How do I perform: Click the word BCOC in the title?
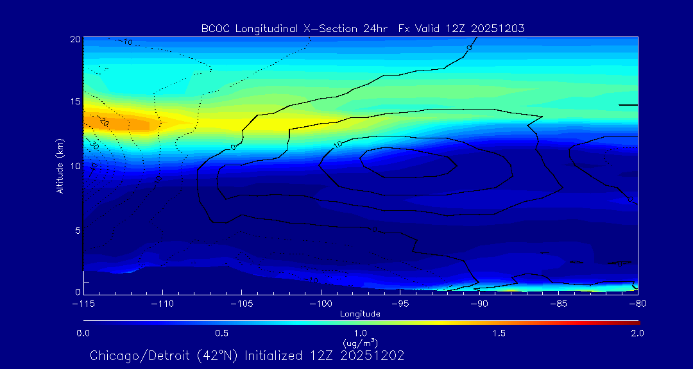[x=214, y=28]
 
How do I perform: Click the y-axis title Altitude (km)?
[x=60, y=166]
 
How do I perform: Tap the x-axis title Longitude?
[x=360, y=314]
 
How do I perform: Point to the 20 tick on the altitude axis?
[x=75, y=39]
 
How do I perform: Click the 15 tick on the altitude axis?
[x=75, y=102]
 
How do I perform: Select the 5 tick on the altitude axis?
[x=77, y=230]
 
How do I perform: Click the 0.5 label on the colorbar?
[x=222, y=333]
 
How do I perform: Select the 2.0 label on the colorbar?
[x=637, y=333]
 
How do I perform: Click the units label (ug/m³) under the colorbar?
[x=360, y=343]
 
